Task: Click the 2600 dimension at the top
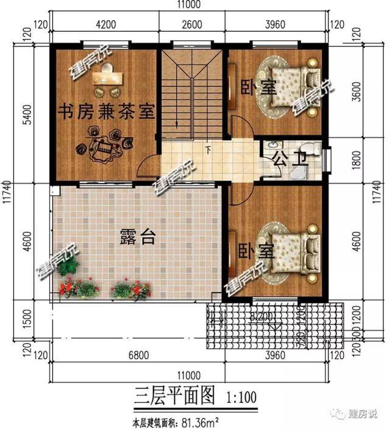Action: [192, 26]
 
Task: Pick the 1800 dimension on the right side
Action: [373, 163]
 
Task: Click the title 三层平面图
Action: [174, 397]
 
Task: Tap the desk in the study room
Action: [107, 78]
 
